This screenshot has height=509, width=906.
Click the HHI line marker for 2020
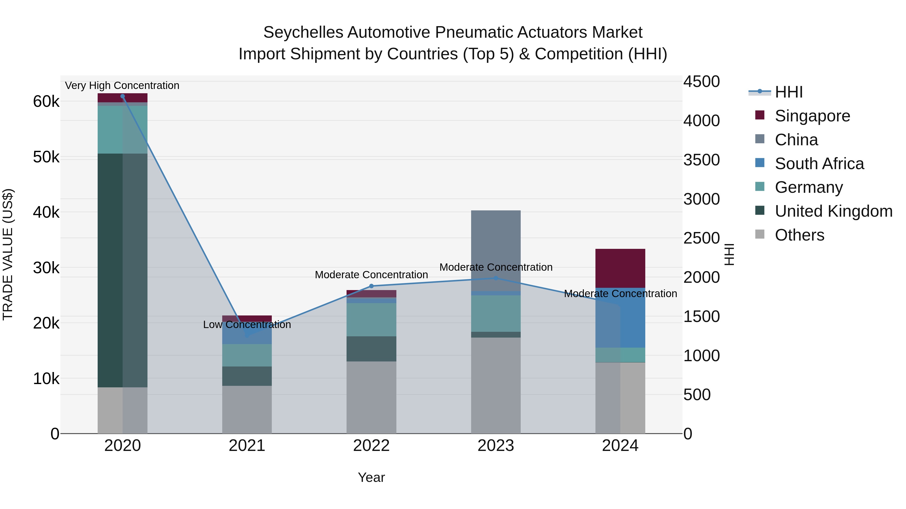[122, 96]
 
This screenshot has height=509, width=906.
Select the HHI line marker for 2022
[371, 286]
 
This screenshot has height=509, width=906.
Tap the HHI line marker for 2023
[496, 278]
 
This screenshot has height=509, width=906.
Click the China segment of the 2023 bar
[496, 250]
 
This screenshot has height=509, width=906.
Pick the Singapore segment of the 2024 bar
[620, 268]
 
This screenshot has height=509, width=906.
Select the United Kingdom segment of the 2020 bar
[122, 270]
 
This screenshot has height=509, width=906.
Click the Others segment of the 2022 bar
[371, 397]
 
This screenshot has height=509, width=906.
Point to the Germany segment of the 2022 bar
[371, 320]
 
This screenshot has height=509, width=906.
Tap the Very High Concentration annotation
[122, 86]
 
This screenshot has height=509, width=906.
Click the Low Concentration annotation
[247, 325]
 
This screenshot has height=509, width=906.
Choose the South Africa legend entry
[819, 164]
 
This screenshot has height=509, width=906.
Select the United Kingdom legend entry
[833, 211]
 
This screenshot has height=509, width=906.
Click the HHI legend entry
[788, 92]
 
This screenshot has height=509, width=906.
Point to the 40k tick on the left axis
[46, 212]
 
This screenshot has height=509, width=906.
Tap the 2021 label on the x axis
[247, 446]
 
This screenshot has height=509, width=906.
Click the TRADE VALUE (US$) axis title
[8, 254]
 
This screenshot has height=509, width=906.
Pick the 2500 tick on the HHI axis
[701, 238]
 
